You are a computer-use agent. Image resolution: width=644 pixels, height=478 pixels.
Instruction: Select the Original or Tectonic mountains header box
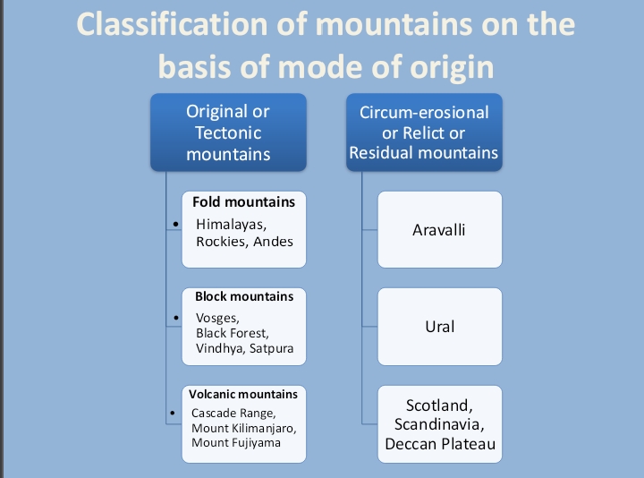click(x=227, y=132)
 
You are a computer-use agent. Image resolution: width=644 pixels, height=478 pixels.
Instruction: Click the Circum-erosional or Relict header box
click(x=423, y=132)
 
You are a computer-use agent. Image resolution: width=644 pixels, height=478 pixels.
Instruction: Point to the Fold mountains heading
click(x=243, y=202)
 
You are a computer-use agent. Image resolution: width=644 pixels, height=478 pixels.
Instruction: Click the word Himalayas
click(x=229, y=224)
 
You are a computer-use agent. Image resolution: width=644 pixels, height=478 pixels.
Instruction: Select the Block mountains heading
click(x=243, y=296)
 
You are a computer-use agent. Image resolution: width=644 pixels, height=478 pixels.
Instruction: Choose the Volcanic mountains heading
click(x=242, y=393)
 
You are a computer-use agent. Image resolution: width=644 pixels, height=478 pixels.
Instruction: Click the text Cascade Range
click(x=233, y=414)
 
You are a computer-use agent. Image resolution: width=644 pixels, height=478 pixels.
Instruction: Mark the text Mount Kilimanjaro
click(x=243, y=428)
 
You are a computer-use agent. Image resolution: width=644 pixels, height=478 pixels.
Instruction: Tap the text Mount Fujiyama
click(x=235, y=442)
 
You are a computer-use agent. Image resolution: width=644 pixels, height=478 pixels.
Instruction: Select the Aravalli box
click(x=439, y=230)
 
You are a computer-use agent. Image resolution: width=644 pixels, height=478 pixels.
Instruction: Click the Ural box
click(x=439, y=326)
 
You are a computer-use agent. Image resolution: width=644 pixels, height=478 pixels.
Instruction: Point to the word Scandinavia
click(x=439, y=424)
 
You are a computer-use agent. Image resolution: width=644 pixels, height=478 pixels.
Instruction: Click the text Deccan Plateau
click(x=439, y=443)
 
